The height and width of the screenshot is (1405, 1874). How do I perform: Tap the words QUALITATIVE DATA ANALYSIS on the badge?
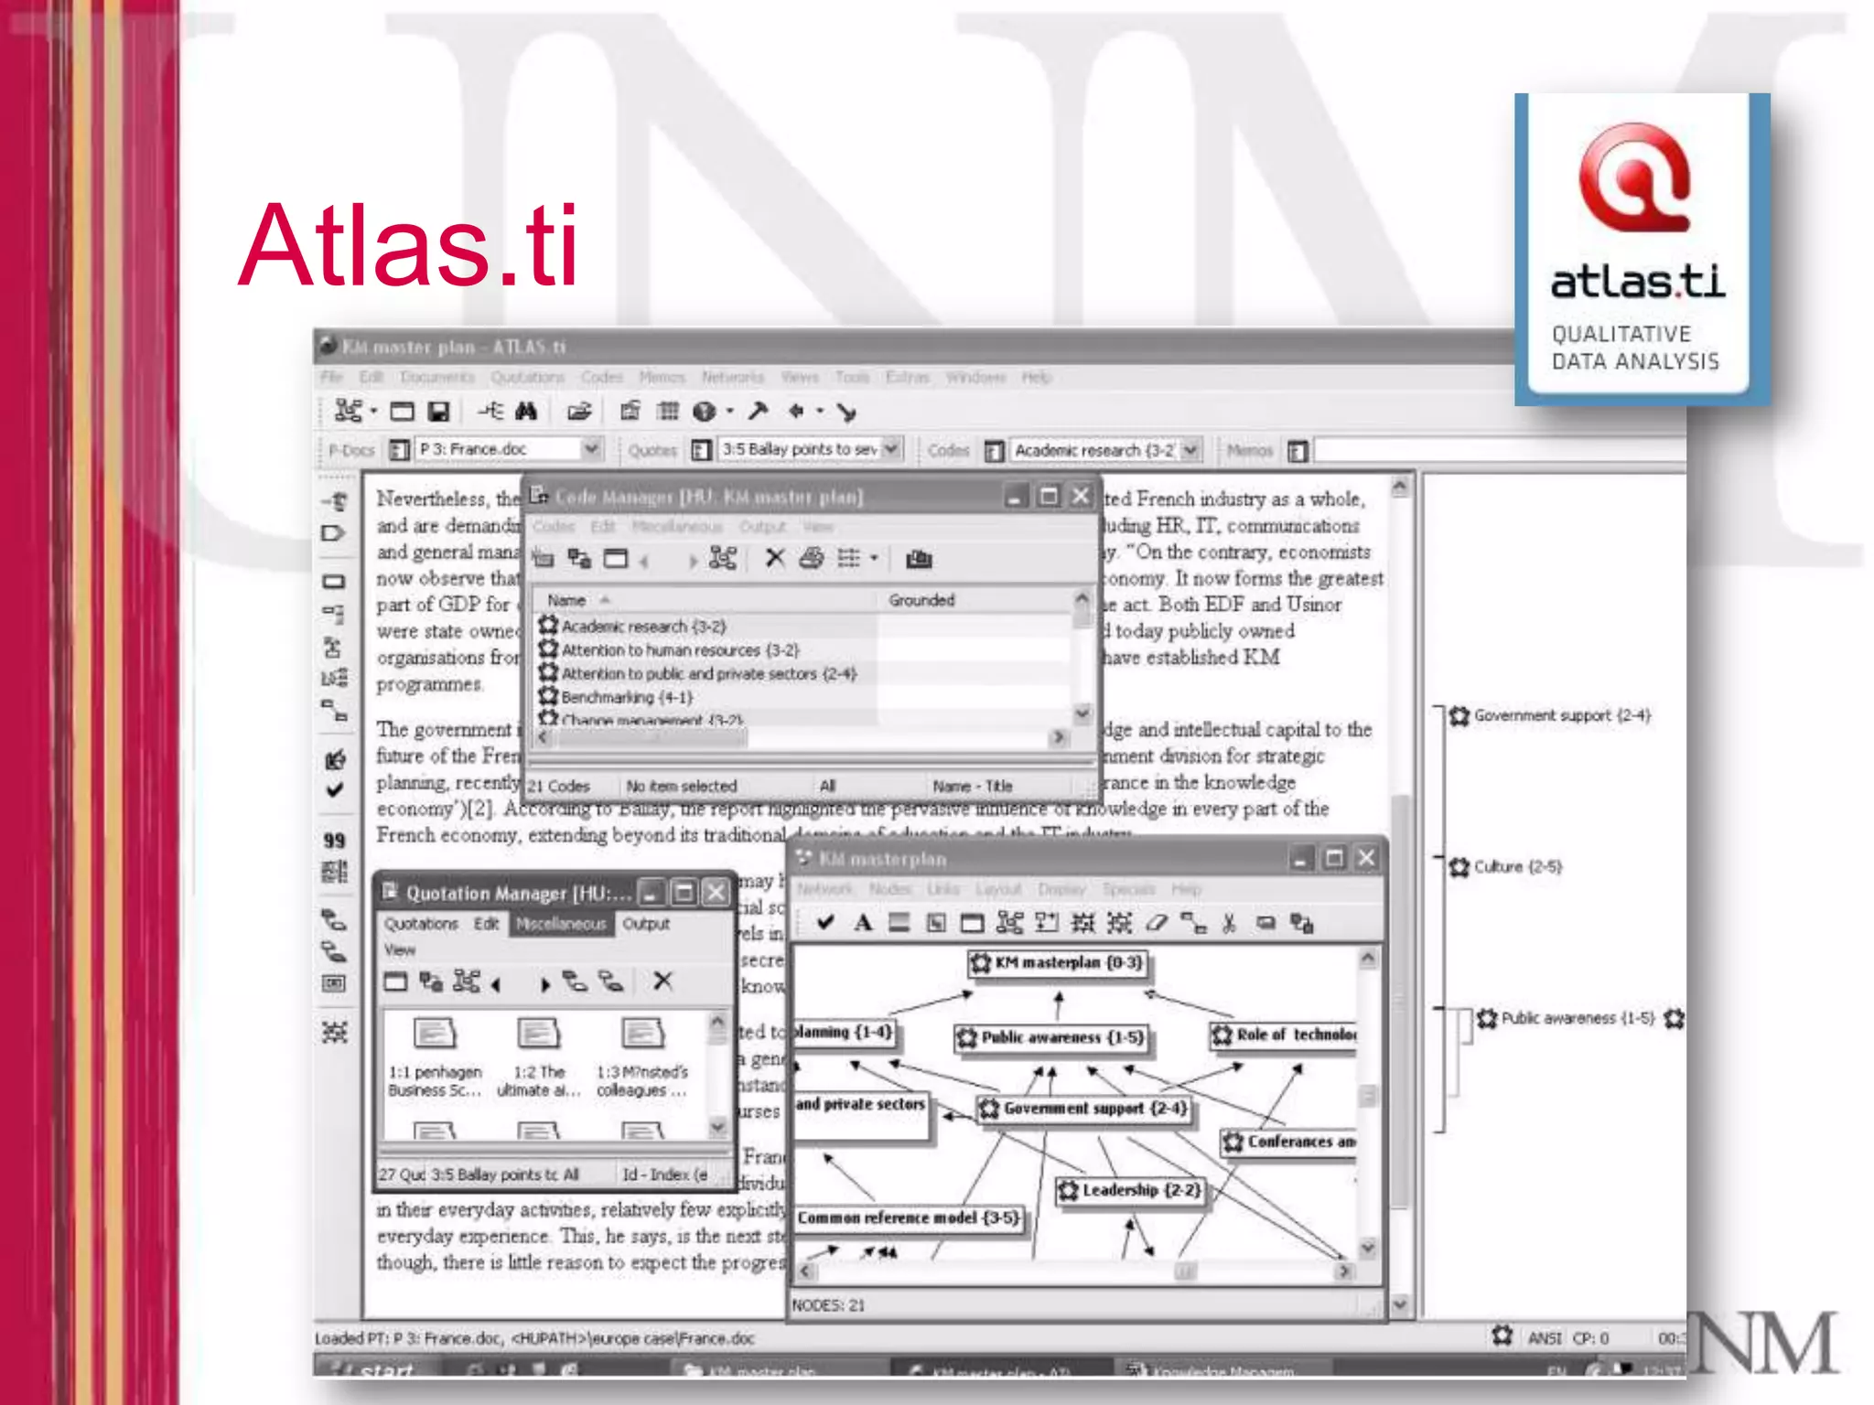pos(1634,348)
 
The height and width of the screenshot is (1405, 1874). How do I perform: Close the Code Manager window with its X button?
pos(1081,496)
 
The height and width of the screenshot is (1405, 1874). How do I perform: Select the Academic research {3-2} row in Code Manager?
pos(642,627)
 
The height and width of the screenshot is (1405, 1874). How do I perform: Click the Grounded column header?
pos(921,600)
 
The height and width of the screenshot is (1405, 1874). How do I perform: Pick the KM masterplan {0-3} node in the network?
pos(1058,962)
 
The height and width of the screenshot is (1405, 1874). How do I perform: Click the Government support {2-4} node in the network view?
pos(1084,1109)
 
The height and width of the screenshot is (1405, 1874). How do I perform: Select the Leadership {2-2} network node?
pos(1130,1190)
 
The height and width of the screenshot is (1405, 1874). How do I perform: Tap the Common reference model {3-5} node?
pos(907,1218)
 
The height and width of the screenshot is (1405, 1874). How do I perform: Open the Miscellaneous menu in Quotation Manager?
pos(561,924)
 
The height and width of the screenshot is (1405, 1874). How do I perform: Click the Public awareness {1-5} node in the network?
pos(1051,1037)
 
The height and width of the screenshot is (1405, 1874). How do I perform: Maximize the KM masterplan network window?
pos(1334,858)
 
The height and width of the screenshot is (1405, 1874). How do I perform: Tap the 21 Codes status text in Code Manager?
pos(558,786)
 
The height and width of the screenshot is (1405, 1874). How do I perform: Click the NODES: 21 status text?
pos(827,1305)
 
